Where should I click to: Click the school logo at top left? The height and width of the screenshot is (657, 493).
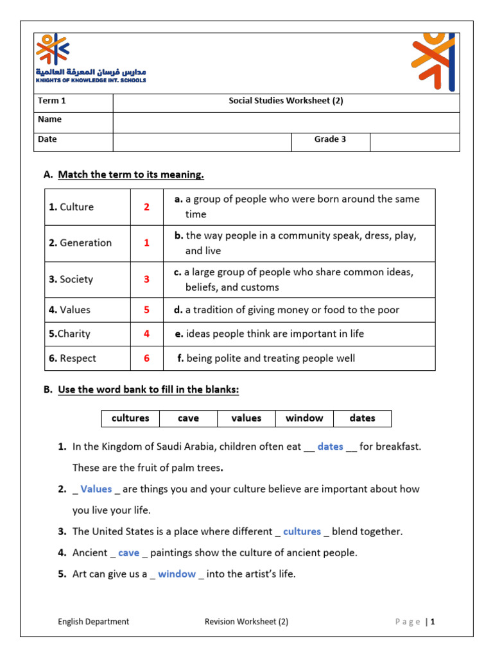point(90,58)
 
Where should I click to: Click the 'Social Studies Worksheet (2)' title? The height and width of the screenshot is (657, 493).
point(286,101)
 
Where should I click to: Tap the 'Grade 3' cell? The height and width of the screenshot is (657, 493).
point(330,139)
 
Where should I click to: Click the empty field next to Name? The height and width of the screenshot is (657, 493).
point(286,120)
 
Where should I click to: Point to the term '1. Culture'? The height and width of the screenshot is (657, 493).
point(71,207)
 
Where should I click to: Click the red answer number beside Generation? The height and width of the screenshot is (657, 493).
point(146,243)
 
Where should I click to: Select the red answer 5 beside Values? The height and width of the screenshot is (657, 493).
point(146,310)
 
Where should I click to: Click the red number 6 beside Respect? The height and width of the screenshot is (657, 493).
point(146,359)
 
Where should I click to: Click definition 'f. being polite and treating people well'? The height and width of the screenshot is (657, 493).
point(266,359)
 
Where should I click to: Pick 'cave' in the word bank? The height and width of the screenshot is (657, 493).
point(188,418)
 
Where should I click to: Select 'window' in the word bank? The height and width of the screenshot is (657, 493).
point(304,418)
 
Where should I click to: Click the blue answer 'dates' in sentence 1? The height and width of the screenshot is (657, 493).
point(330,447)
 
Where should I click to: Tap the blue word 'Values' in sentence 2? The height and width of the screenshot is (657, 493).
point(96,489)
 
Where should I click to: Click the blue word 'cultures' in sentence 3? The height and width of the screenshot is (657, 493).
point(302,531)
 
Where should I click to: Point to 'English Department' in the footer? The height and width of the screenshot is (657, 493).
point(93,621)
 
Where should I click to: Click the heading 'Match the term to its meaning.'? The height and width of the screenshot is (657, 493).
point(131,175)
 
